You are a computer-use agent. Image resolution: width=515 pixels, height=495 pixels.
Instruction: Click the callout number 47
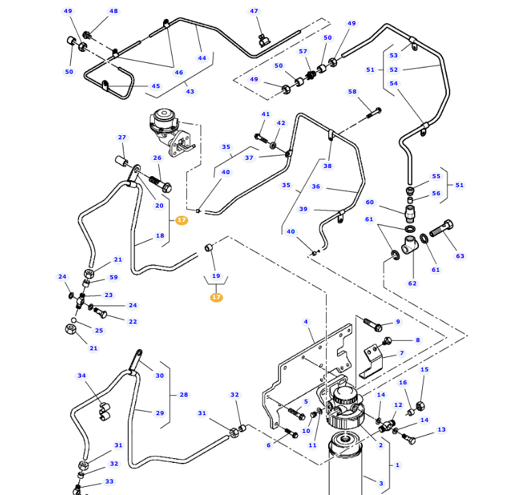click(254, 12)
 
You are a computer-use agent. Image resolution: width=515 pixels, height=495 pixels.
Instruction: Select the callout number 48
click(113, 12)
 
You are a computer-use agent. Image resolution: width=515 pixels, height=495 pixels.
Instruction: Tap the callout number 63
click(460, 256)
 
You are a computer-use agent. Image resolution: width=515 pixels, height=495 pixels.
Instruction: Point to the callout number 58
click(352, 91)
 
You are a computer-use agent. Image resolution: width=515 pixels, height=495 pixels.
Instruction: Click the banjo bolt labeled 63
click(442, 227)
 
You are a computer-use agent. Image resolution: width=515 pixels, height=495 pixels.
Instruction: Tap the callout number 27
click(122, 137)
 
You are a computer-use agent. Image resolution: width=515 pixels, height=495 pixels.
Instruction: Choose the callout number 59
click(113, 277)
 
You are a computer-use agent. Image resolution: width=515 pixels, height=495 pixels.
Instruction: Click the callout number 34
click(82, 376)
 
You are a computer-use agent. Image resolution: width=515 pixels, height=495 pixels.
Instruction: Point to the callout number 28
click(183, 395)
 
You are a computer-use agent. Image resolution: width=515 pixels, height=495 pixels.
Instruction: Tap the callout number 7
click(402, 354)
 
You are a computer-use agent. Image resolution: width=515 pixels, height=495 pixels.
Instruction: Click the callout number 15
click(424, 369)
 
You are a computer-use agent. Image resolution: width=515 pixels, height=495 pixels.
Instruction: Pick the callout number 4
click(306, 322)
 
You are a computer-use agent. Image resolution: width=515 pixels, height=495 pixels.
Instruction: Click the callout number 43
click(190, 91)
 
